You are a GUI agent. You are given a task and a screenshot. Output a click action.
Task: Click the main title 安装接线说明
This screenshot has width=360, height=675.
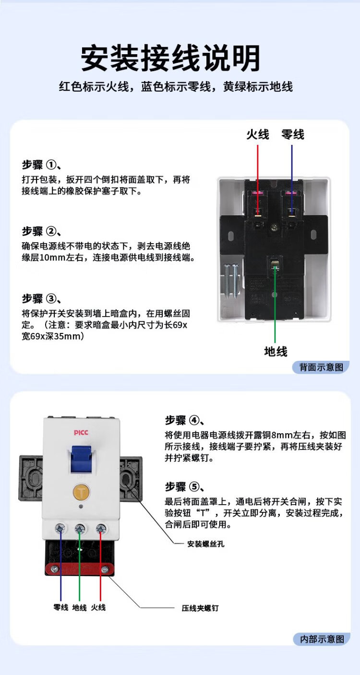tap(171, 58)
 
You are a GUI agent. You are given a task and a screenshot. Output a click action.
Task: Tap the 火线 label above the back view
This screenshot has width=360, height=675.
tap(257, 134)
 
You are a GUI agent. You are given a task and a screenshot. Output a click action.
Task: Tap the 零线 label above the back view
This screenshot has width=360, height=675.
tap(292, 134)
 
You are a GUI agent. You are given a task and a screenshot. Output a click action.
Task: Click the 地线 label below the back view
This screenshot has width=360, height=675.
tap(276, 351)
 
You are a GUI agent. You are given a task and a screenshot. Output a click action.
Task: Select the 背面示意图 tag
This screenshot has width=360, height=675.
tap(321, 367)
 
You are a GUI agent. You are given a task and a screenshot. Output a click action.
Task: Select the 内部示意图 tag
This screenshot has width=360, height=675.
tap(322, 639)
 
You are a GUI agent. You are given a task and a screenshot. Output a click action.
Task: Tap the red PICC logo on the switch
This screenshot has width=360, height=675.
tap(81, 433)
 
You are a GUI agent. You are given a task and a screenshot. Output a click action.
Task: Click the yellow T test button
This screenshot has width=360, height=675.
tap(81, 492)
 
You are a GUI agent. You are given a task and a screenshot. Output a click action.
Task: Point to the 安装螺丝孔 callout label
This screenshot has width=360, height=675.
tap(205, 544)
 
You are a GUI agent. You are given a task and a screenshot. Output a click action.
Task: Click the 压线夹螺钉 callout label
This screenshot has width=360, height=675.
tap(200, 608)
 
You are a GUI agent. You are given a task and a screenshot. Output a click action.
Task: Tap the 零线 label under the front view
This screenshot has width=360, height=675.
tap(60, 607)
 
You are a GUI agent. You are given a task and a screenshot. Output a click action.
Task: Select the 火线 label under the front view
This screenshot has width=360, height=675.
tap(98, 607)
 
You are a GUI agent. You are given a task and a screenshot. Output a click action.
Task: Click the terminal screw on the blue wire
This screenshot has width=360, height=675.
tap(60, 528)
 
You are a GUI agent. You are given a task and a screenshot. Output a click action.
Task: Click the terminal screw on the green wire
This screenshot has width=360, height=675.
tap(80, 528)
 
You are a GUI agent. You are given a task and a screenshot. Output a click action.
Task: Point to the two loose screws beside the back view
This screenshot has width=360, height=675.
tap(231, 281)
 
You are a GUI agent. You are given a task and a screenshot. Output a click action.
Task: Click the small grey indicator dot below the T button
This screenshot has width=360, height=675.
tap(81, 507)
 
